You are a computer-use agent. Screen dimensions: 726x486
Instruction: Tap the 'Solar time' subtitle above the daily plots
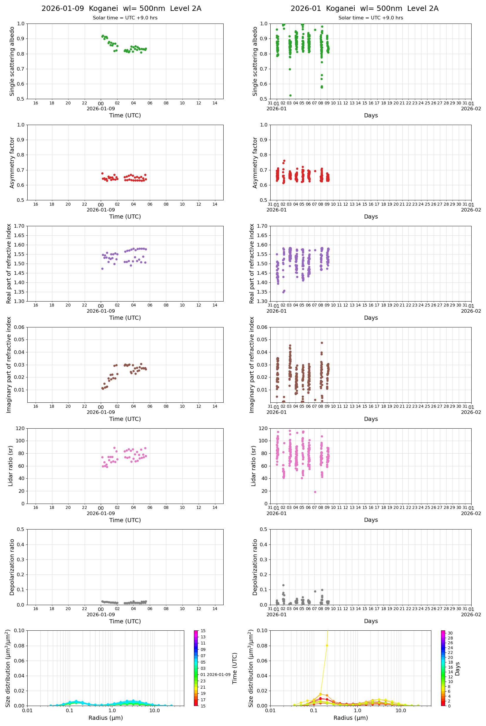[x=125, y=18]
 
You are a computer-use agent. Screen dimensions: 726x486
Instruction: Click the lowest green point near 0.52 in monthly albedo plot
[x=290, y=96]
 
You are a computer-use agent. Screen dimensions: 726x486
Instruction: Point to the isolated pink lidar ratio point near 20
[x=315, y=492]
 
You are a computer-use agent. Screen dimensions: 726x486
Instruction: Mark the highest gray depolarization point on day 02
[x=283, y=585]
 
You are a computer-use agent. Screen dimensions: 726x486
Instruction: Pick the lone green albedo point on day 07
[x=315, y=30]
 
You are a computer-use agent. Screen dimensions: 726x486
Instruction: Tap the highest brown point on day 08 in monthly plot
[x=322, y=343]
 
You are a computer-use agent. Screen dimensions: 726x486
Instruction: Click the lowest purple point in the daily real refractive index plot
[x=102, y=269]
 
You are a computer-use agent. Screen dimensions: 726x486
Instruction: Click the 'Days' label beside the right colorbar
[x=457, y=669]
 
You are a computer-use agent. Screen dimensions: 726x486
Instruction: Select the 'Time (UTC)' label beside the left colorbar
[x=235, y=668]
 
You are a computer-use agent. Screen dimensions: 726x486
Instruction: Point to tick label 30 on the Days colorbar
[x=450, y=633]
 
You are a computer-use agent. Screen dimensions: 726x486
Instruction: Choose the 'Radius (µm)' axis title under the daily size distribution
[x=105, y=718]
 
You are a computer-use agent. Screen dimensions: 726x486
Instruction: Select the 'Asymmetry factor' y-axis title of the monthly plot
[x=255, y=163]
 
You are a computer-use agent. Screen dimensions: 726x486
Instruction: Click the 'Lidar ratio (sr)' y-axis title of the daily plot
[x=11, y=466]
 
